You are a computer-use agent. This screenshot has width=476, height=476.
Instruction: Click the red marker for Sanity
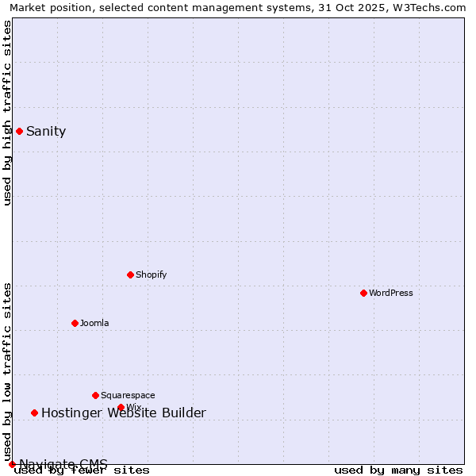pyautogui.click(x=19, y=131)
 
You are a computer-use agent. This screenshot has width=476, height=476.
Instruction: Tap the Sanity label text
pyautogui.click(x=46, y=132)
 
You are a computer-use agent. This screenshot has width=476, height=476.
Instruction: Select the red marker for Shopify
pyautogui.click(x=130, y=274)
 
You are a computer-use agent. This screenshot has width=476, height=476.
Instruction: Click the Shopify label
pyautogui.click(x=151, y=275)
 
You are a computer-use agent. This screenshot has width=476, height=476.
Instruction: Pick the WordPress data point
pyautogui.click(x=363, y=293)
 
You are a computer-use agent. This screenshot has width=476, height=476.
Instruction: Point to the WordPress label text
pyautogui.click(x=390, y=294)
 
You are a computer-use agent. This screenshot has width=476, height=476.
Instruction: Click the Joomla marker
pyautogui.click(x=75, y=323)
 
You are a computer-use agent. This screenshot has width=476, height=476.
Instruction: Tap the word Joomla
pyautogui.click(x=94, y=324)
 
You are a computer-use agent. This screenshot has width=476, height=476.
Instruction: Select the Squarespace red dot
pyautogui.click(x=95, y=395)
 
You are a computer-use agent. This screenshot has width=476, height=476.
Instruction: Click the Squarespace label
pyautogui.click(x=128, y=396)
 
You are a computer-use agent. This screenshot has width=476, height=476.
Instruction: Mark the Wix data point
pyautogui.click(x=121, y=407)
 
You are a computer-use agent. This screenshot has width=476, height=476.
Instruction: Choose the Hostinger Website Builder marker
pyautogui.click(x=34, y=413)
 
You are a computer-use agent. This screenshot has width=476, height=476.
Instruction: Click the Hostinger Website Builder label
pyautogui.click(x=124, y=413)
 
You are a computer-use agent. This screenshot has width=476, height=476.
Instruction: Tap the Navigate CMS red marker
pyautogui.click(x=12, y=464)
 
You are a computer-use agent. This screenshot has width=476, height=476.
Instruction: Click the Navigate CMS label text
pyautogui.click(x=63, y=464)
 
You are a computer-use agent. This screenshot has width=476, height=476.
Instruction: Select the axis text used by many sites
pyautogui.click(x=398, y=470)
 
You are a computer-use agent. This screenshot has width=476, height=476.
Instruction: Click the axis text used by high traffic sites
pyautogui.click(x=8, y=113)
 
